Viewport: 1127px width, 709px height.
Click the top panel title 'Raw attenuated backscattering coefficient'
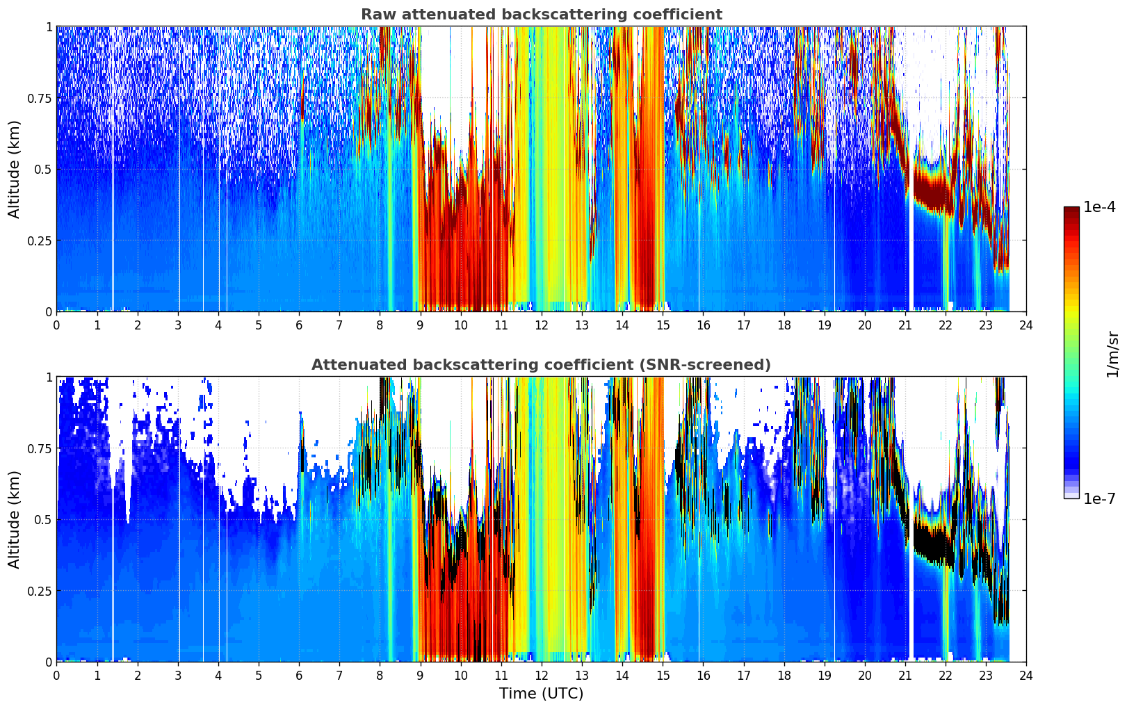point(542,14)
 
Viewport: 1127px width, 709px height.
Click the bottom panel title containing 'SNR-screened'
point(542,364)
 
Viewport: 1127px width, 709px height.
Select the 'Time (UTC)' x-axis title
point(542,694)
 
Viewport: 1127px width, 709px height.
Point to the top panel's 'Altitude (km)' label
point(14,169)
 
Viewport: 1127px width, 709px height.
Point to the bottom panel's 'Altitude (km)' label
point(14,519)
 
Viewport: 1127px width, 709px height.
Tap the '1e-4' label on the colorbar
point(1099,206)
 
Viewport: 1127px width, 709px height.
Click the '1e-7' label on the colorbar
point(1099,499)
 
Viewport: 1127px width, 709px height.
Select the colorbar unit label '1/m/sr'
point(1112,354)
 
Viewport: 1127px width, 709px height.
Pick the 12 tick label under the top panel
point(542,325)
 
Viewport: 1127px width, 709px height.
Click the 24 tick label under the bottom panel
point(1026,676)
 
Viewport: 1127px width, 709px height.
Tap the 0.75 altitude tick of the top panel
point(39,98)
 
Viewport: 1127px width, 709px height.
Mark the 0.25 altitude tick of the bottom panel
point(39,591)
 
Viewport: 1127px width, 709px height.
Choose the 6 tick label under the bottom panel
point(300,676)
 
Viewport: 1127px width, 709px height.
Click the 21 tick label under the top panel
point(905,325)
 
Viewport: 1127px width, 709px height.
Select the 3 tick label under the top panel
point(178,325)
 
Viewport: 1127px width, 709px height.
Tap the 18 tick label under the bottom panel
point(784,676)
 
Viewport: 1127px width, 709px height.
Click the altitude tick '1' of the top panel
point(49,26)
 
